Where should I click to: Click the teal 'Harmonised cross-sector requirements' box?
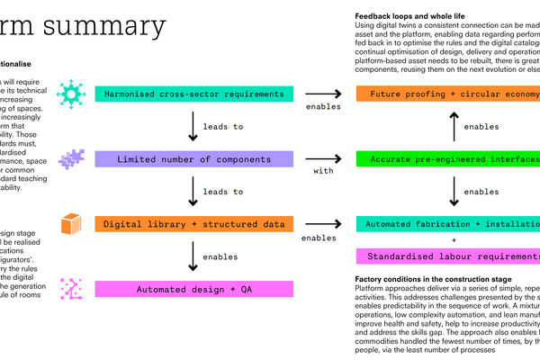(x=193, y=94)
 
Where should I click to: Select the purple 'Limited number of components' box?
(x=193, y=159)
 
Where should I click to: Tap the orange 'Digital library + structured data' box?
(x=193, y=223)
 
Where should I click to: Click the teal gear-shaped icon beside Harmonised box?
(x=70, y=93)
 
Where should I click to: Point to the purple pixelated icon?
(x=71, y=159)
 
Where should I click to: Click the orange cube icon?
(x=71, y=223)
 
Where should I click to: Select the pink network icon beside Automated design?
(x=71, y=289)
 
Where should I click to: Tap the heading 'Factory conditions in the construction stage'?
(x=434, y=280)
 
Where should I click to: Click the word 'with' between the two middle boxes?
(x=324, y=169)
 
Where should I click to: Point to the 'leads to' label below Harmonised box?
(x=223, y=127)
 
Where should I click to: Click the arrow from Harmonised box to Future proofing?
(x=324, y=94)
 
